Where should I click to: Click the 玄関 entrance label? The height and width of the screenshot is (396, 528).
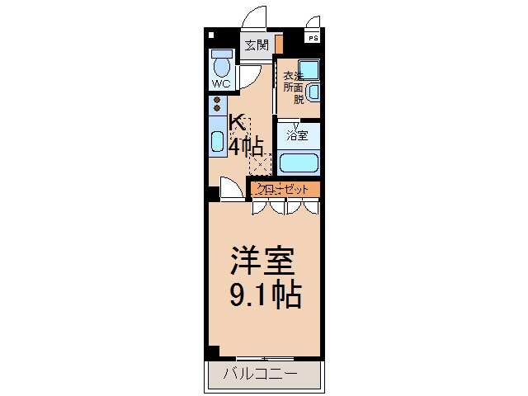pyautogui.click(x=257, y=45)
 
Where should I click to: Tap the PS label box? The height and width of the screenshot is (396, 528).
pyautogui.click(x=313, y=38)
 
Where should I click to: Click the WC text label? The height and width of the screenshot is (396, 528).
pyautogui.click(x=220, y=83)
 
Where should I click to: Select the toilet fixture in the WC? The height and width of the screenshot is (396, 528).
pyautogui.click(x=221, y=64)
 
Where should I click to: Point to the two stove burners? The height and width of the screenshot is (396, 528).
pyautogui.click(x=217, y=104)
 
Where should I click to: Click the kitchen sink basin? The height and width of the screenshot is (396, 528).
pyautogui.click(x=217, y=139)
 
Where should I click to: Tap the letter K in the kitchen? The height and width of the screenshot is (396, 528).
pyautogui.click(x=237, y=123)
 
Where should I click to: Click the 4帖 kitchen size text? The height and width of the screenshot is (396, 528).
pyautogui.click(x=246, y=147)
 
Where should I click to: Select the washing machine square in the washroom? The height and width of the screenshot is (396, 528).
pyautogui.click(x=309, y=70)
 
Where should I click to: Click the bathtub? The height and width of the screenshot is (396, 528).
pyautogui.click(x=299, y=161)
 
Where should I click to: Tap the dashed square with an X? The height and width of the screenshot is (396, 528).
pyautogui.click(x=260, y=163)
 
